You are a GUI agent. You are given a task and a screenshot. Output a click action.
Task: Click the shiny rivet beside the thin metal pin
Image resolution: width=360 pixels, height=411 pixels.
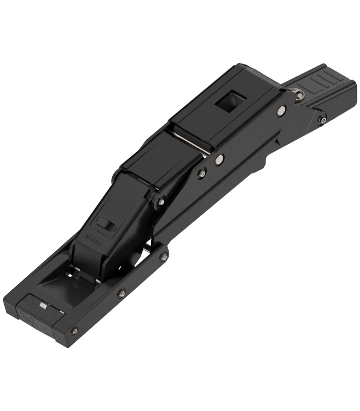(220, 159)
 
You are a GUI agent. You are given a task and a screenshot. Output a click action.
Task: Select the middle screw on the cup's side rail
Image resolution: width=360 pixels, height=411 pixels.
(122, 293)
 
